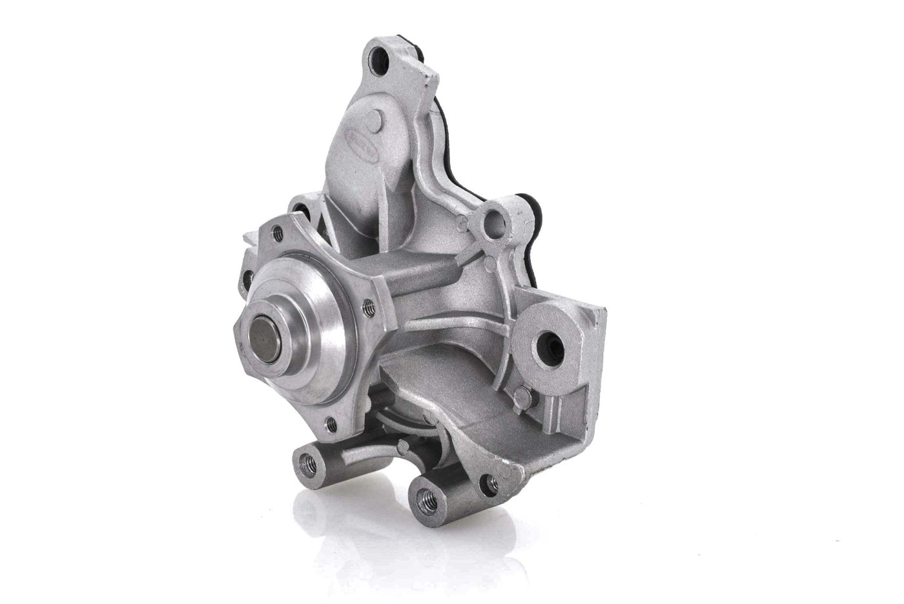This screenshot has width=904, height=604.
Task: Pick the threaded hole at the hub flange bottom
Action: pos(330,424)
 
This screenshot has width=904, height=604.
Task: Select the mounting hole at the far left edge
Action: pos(246,279)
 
